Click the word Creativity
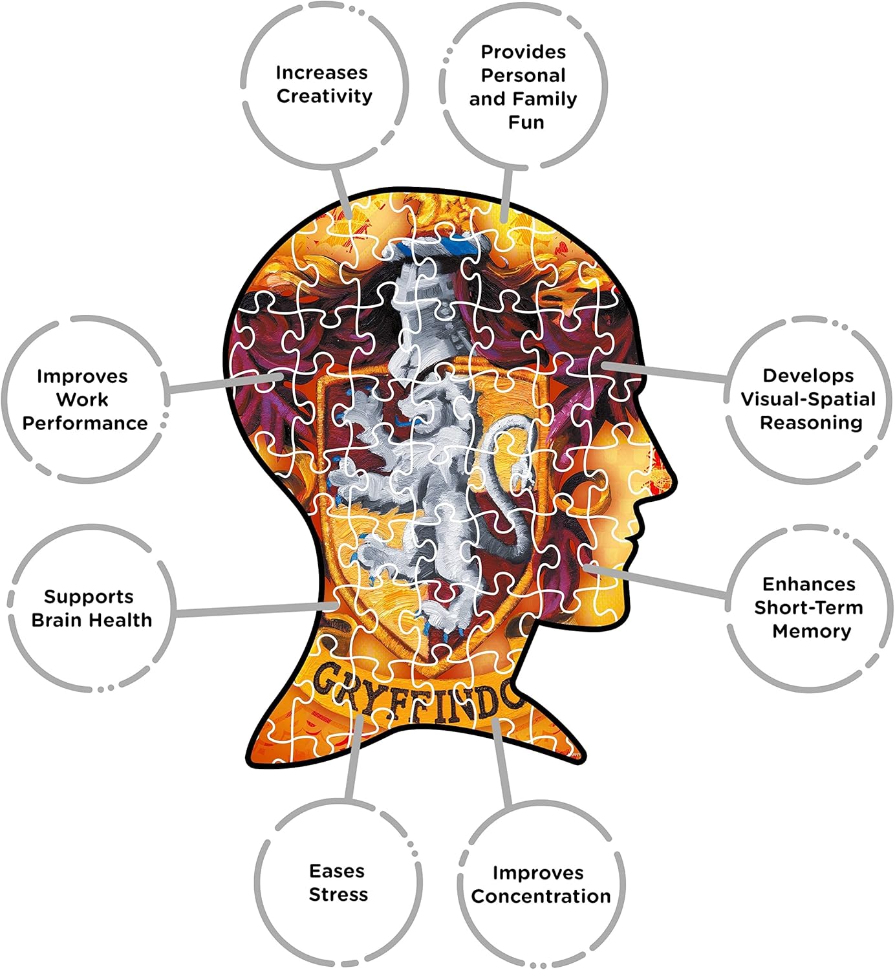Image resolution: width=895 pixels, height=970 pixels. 325,96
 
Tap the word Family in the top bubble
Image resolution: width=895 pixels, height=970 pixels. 545,99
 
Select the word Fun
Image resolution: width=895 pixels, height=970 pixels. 526,122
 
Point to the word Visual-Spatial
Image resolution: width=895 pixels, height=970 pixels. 808,399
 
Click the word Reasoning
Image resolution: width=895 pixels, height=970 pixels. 811,423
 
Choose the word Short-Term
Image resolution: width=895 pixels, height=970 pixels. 808,608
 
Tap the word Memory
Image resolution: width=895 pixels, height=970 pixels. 812,631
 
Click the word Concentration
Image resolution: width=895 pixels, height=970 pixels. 541,896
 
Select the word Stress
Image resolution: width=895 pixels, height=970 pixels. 338,895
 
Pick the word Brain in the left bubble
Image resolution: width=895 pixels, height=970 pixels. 59,620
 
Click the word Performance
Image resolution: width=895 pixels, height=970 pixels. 85,424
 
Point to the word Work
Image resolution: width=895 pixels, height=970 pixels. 82,400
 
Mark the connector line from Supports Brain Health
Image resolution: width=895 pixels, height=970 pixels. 252,609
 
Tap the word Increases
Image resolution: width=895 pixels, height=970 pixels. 321,72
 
